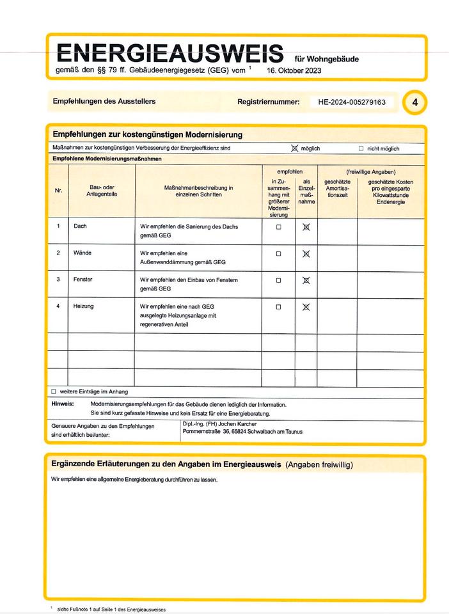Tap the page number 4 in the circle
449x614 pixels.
[415, 102]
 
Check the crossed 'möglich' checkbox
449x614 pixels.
[294, 148]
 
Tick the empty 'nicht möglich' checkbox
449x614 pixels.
[361, 148]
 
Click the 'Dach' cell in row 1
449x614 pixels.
[81, 226]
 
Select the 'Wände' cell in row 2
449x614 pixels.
[83, 253]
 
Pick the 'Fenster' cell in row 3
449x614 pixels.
[83, 279]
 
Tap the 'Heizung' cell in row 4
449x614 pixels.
[84, 306]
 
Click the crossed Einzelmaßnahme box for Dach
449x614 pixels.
[306, 227]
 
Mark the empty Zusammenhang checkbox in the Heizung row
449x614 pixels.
[278, 307]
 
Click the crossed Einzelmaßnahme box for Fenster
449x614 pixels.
[306, 280]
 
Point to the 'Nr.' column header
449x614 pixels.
[58, 190]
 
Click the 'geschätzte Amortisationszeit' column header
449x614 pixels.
[337, 188]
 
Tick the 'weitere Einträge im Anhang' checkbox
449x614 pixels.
[54, 391]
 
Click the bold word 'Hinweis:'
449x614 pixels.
[63, 404]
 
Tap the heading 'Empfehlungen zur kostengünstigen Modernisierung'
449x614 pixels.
[147, 135]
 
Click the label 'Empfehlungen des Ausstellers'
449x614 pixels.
[104, 101]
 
